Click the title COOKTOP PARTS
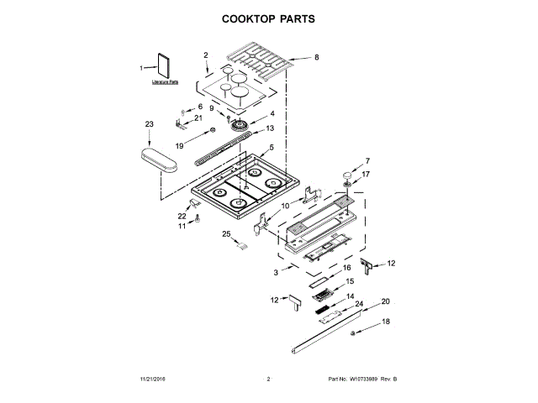[x=268, y=18]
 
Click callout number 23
[x=150, y=124]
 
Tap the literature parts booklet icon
[x=163, y=67]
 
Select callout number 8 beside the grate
[x=317, y=58]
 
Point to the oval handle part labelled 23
[x=159, y=160]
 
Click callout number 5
[x=271, y=148]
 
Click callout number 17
[x=365, y=175]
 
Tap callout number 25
[x=225, y=233]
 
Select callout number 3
[x=276, y=273]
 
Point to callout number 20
[x=386, y=301]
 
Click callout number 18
[x=387, y=322]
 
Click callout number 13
[x=270, y=128]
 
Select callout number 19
[x=179, y=146]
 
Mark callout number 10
[x=285, y=205]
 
